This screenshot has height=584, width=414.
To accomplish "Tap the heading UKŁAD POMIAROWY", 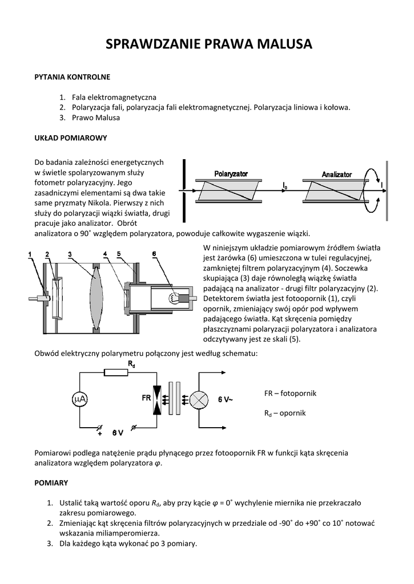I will coord(71,138).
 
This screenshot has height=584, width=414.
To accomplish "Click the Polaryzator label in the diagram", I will coord(231,173).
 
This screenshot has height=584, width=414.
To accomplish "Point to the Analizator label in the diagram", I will coord(336,174).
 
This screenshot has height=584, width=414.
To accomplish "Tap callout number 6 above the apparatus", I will coord(154,254).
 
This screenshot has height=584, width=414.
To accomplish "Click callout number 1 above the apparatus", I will coord(30,254).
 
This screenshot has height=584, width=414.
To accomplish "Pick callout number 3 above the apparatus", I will coord(69,254).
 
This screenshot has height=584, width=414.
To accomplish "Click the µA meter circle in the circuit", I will coord(81,400).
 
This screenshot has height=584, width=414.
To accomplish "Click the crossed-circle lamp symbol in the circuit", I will coord(199,400).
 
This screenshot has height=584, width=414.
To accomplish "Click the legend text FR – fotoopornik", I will coord(290,394).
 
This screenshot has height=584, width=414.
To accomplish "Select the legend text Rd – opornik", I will coord(285,413).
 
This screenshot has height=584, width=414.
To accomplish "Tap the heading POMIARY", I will coord(51,482).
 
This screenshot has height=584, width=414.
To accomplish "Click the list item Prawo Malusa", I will coord(96,117).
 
